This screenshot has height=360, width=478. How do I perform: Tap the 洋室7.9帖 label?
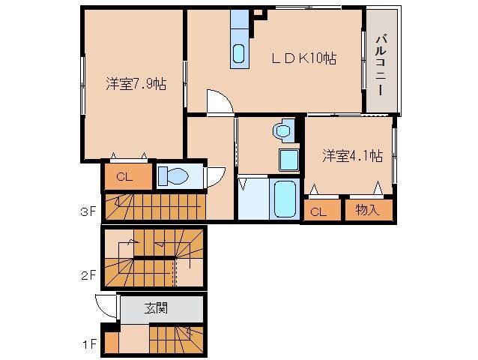coord(135,84)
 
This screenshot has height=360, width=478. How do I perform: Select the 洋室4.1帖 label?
coord(352,156)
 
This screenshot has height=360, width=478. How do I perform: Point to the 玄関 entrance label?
coord(156,308)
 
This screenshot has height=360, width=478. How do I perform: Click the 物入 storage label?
coord(368,210)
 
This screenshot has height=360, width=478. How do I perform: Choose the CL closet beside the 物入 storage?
coord(318,211)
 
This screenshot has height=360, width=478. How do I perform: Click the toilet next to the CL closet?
coord(175,176)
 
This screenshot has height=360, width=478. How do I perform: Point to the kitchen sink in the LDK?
coord(238,53)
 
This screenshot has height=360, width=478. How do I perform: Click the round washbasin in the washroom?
coord(283,131)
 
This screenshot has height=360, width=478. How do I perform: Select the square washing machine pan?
coord(288,160)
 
